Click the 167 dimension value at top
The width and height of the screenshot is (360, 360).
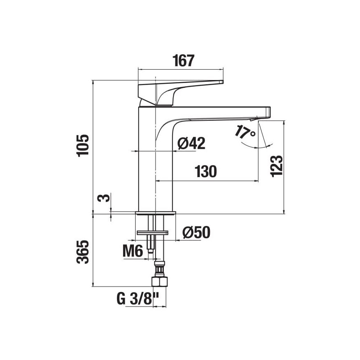183,61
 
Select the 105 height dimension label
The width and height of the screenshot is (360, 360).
83,146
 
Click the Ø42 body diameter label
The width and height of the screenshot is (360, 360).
191,144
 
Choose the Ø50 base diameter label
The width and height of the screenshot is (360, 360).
196,233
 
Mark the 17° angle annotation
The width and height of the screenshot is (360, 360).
245,132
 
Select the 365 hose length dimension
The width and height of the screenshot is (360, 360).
83,252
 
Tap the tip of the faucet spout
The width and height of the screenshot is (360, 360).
268,112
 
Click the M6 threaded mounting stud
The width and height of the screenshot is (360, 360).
150,245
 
